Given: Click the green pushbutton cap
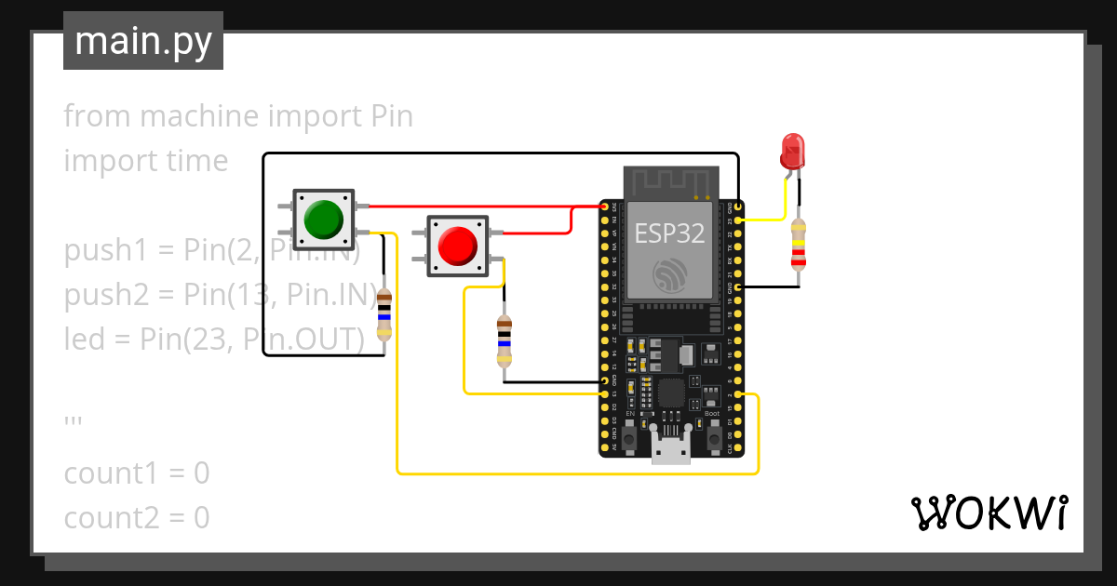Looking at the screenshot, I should click(x=322, y=219).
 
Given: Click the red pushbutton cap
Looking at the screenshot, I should click(x=457, y=245).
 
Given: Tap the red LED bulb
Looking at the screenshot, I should click(x=792, y=149).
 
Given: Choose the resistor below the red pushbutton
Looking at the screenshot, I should click(x=504, y=341).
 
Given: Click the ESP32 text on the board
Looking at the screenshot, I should click(x=668, y=233).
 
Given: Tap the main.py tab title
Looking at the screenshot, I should click(x=142, y=41).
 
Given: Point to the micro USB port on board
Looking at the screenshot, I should click(x=670, y=450).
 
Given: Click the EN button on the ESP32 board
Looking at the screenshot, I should click(x=630, y=435).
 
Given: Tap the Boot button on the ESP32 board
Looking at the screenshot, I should click(x=714, y=435).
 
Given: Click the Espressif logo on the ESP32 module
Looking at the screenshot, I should click(x=670, y=275).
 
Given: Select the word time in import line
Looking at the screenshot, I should click(x=193, y=161).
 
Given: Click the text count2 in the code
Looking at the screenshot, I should click(x=113, y=518).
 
